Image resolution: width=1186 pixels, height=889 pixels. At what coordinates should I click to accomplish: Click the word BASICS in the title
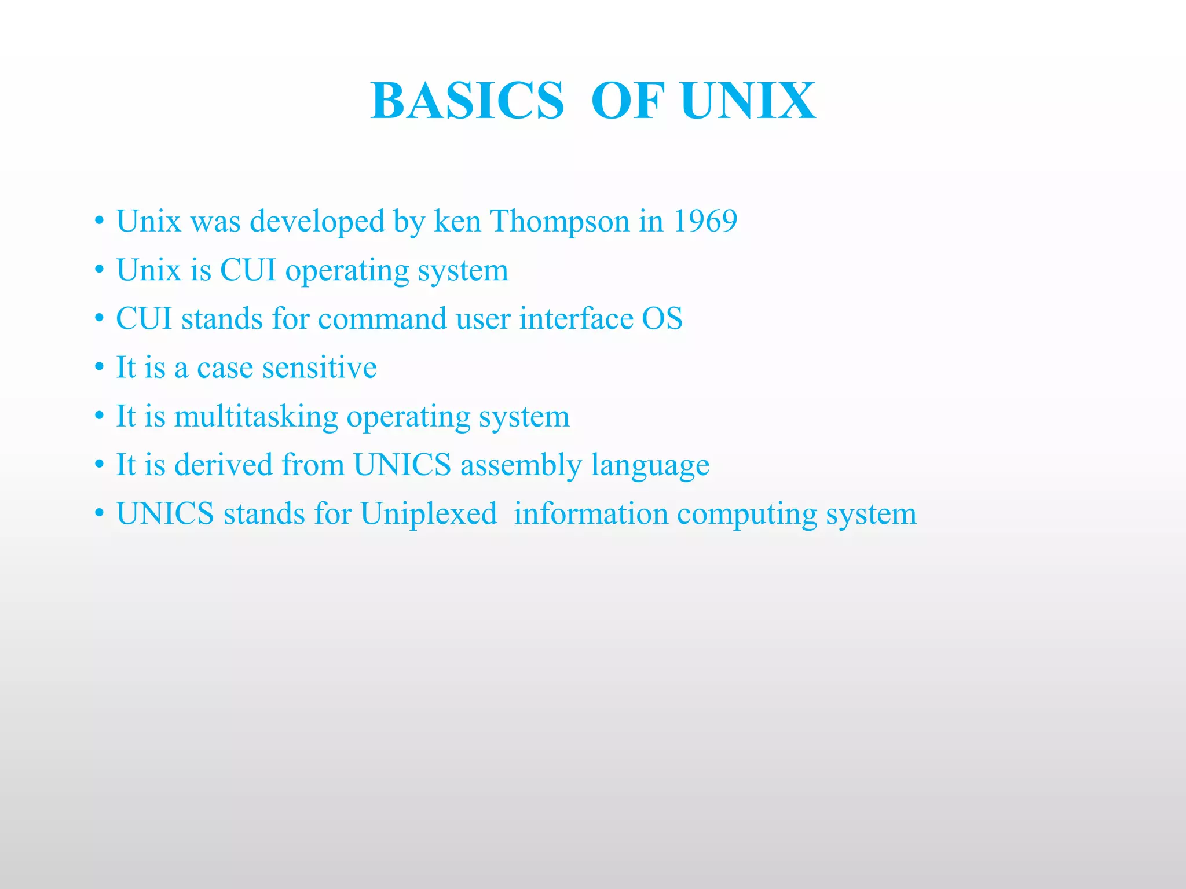(x=467, y=101)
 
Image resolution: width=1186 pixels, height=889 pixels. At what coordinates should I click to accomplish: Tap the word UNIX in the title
(x=748, y=101)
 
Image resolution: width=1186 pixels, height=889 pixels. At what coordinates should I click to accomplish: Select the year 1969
(x=705, y=221)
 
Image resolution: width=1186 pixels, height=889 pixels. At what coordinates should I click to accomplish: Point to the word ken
(x=457, y=221)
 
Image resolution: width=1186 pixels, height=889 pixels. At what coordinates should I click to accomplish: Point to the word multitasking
(x=256, y=417)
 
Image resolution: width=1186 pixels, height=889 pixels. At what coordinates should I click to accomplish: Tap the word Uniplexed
(x=429, y=514)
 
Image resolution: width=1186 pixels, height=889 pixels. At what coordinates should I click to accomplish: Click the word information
(x=591, y=514)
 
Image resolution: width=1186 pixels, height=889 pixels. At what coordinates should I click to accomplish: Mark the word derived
(x=224, y=465)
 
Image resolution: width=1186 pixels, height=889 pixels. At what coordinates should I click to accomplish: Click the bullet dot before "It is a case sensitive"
(x=100, y=368)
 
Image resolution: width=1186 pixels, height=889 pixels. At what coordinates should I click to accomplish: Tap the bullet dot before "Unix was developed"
(x=100, y=221)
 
